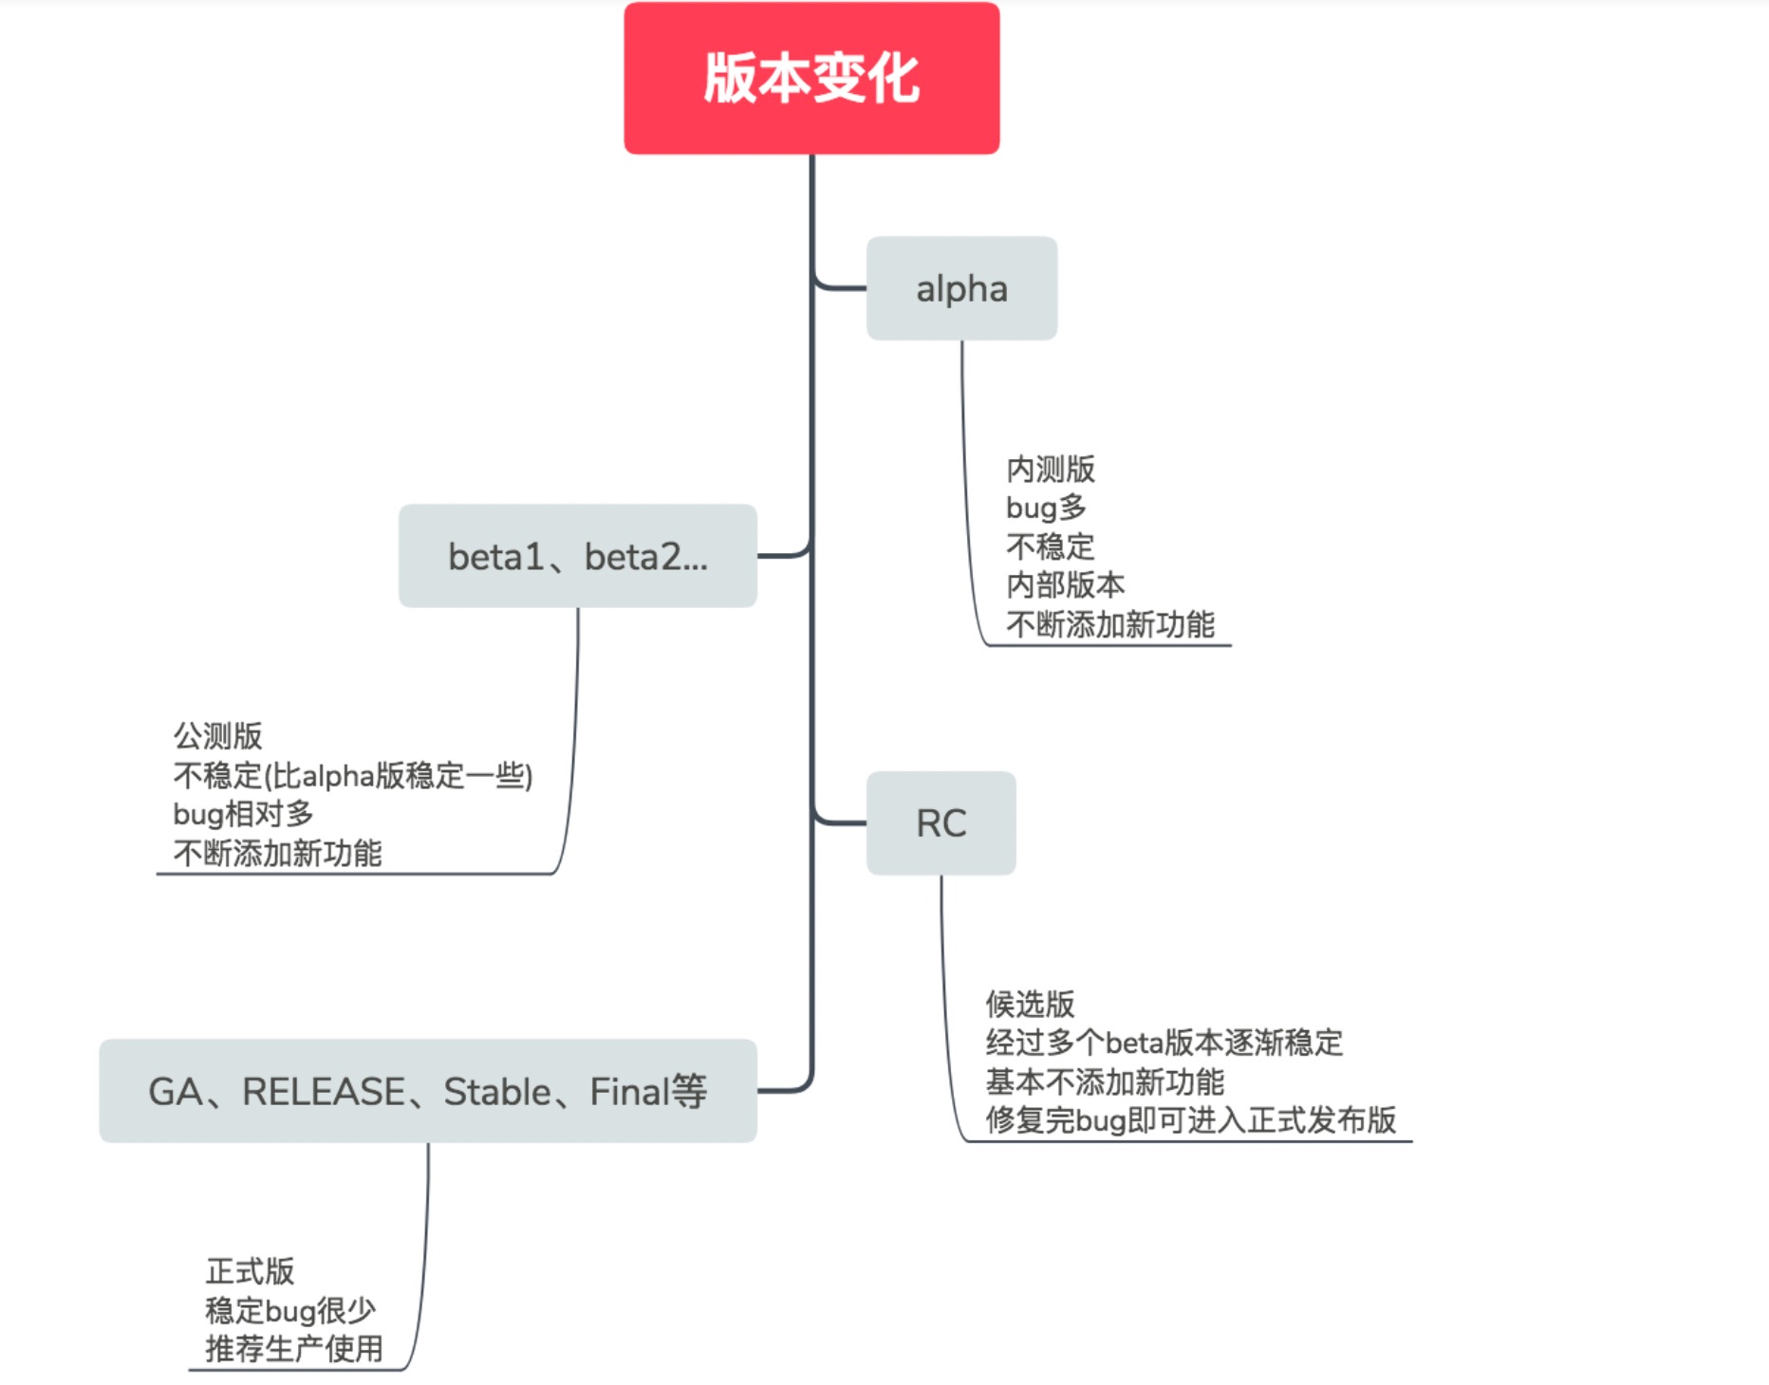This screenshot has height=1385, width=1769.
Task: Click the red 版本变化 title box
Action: (x=811, y=78)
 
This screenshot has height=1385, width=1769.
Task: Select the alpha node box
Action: (x=961, y=288)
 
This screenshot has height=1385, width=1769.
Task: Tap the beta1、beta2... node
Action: (x=578, y=556)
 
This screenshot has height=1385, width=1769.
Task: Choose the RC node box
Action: (x=941, y=822)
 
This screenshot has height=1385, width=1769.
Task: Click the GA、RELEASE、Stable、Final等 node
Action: (x=428, y=1091)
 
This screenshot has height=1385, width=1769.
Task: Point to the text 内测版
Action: (x=1051, y=469)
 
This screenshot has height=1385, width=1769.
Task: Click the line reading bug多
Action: (x=1046, y=508)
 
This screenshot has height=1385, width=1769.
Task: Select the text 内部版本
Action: (x=1066, y=585)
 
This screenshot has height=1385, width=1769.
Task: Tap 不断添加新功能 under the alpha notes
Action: (x=1110, y=624)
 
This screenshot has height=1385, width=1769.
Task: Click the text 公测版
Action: (x=217, y=736)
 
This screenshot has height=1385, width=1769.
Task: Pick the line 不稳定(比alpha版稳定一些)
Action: (x=353, y=775)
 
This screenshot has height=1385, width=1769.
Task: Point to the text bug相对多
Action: (x=243, y=814)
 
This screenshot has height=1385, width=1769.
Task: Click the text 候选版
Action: (x=1030, y=1004)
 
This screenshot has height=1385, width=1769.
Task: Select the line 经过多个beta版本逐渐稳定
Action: (x=1164, y=1043)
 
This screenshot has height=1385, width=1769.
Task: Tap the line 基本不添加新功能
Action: (x=1105, y=1081)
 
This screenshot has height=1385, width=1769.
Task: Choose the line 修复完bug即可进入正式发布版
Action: (x=1191, y=1120)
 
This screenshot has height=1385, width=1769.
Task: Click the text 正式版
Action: (x=250, y=1271)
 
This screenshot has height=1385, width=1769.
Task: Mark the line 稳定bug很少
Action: (x=290, y=1310)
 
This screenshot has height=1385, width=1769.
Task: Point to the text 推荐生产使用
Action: (x=294, y=1349)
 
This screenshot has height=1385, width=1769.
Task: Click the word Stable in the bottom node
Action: (x=497, y=1092)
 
